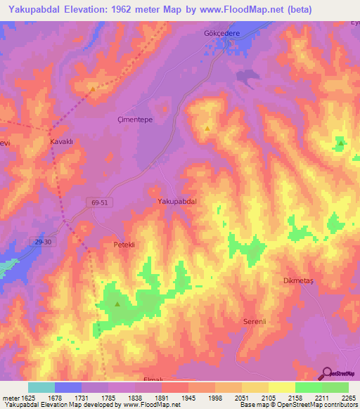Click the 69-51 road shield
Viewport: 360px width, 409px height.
[100, 202]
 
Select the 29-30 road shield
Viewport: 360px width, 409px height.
[43, 242]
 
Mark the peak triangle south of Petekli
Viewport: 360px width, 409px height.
[117, 304]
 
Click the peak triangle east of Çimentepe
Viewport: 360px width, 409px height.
[207, 129]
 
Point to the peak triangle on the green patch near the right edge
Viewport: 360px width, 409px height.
[340, 143]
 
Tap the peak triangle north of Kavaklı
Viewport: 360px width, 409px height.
[92, 89]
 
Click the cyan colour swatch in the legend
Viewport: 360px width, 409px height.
[41, 387]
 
